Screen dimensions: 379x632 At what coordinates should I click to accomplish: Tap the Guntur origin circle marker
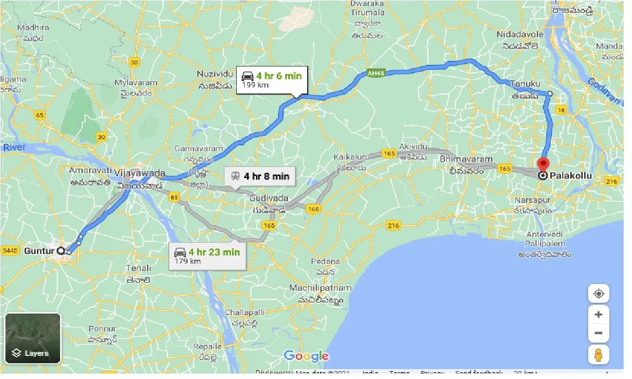click(x=61, y=251)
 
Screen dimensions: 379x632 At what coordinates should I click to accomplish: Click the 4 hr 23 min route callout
click(x=207, y=256)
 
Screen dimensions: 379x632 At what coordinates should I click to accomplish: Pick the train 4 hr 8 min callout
click(x=259, y=176)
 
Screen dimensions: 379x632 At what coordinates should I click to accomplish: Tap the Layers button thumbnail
click(x=32, y=338)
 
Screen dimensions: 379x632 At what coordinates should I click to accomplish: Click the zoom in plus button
click(x=599, y=315)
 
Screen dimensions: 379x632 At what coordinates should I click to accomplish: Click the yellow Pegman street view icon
click(x=599, y=354)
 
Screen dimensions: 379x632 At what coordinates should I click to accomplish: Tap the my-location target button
click(x=599, y=294)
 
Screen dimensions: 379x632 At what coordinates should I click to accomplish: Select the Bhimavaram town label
click(x=466, y=159)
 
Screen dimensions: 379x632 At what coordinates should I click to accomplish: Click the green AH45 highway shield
click(x=375, y=73)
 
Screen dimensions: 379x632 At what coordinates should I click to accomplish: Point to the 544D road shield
click(x=10, y=251)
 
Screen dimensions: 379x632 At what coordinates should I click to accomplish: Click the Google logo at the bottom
click(x=306, y=356)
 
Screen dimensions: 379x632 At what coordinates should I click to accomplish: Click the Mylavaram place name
click(x=136, y=82)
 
